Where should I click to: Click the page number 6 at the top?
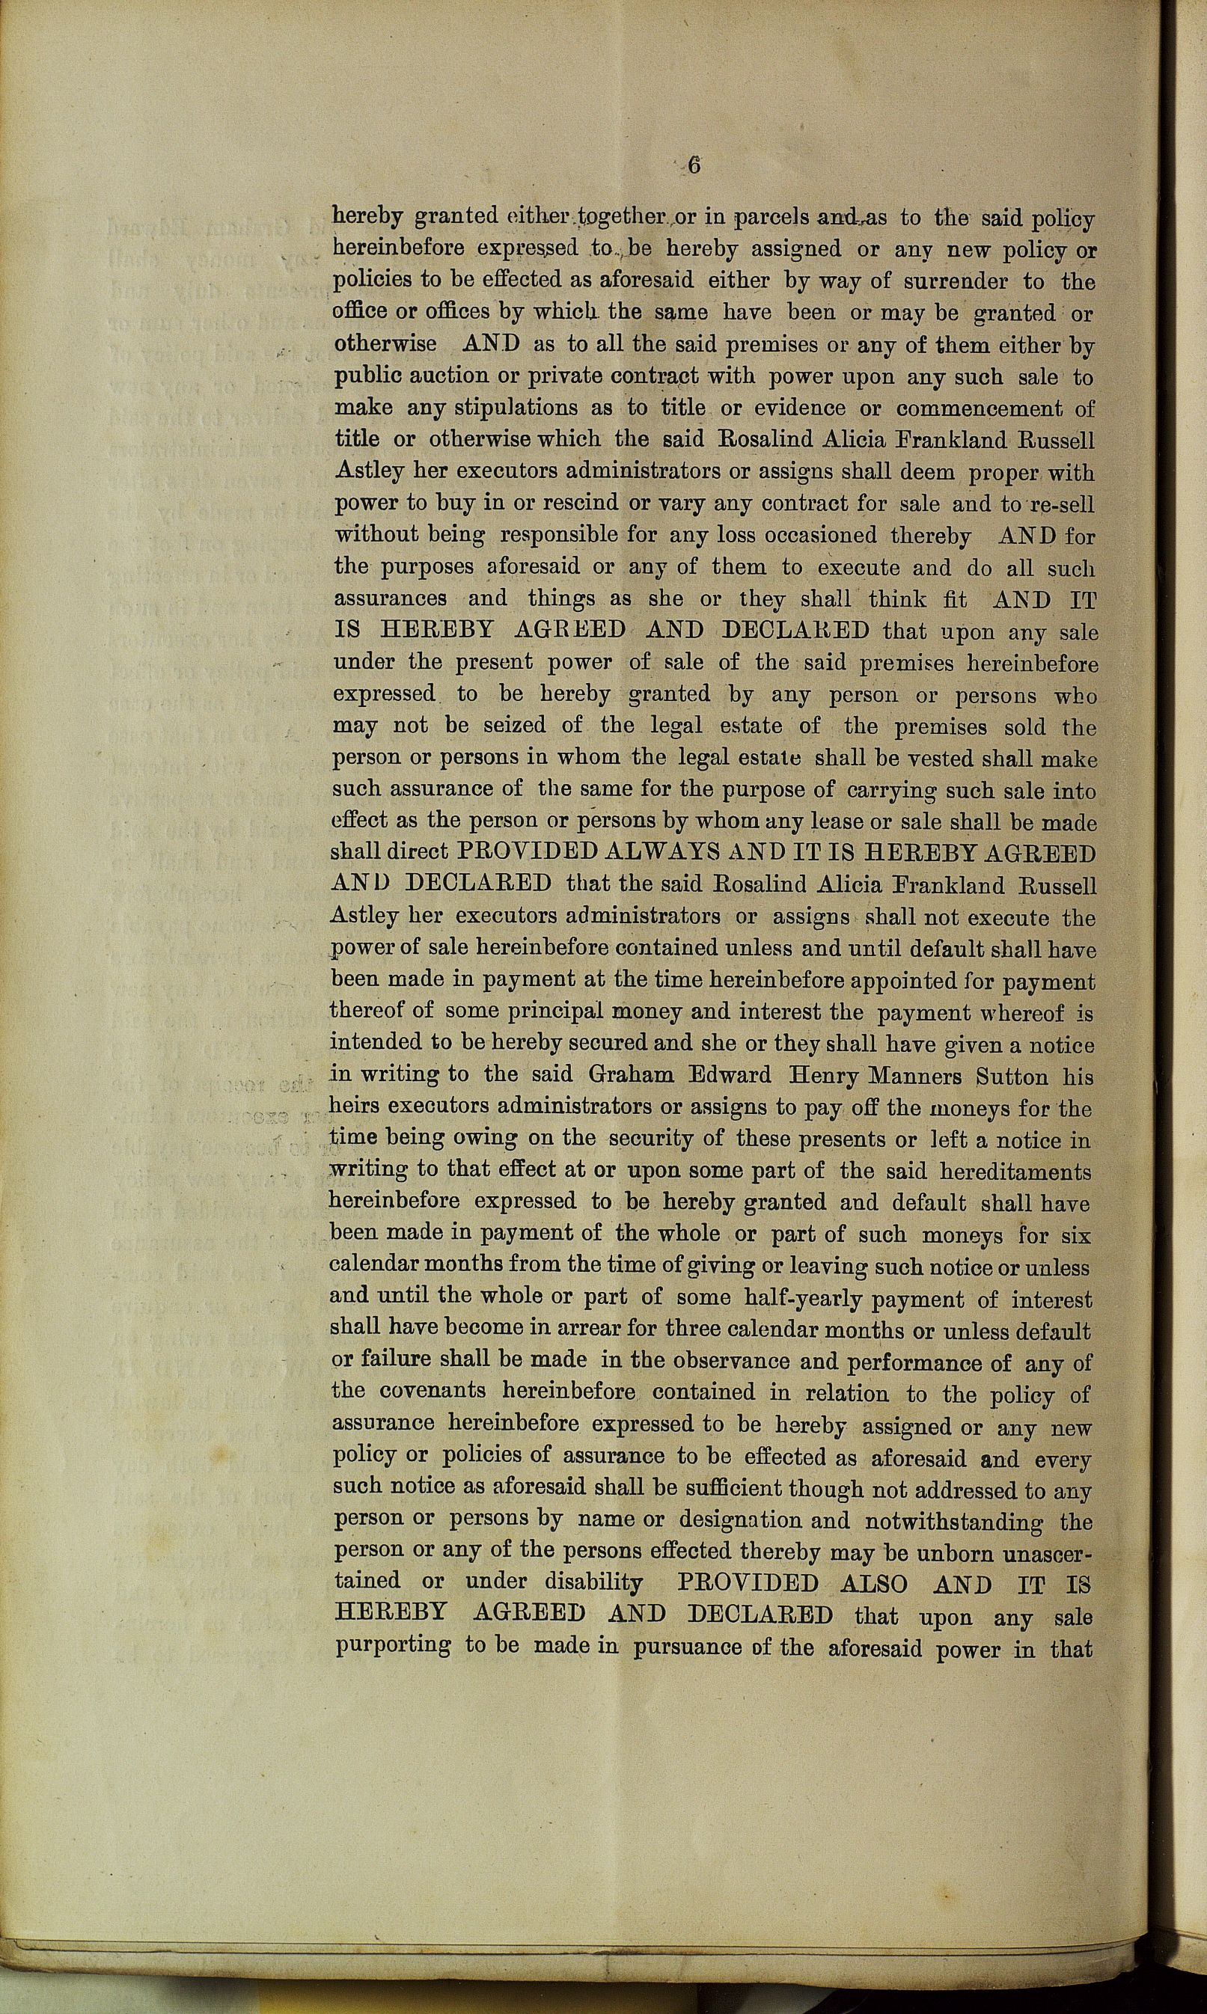pyautogui.click(x=694, y=165)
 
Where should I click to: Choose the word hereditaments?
pyautogui.click(x=1014, y=1172)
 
